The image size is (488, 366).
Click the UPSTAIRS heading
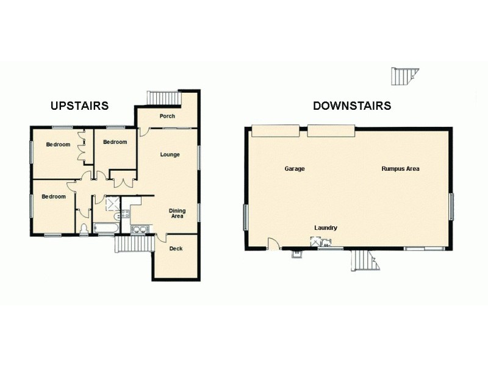pyautogui.click(x=79, y=106)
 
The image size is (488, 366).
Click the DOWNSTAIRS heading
pyautogui.click(x=352, y=106)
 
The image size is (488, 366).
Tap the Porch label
pyautogui.click(x=167, y=117)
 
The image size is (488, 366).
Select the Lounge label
pyautogui.click(x=170, y=154)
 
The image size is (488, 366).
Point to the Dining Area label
pyautogui.click(x=177, y=213)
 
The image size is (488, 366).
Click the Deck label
pyautogui.click(x=176, y=248)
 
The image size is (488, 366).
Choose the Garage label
pyautogui.click(x=295, y=168)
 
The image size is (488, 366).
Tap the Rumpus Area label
pyautogui.click(x=400, y=168)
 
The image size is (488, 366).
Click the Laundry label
pyautogui.click(x=326, y=228)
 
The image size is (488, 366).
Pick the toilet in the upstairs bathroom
pyautogui.click(x=84, y=229)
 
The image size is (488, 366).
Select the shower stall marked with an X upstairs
pyautogui.click(x=112, y=203)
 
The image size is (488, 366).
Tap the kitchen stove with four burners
pyautogui.click(x=125, y=213)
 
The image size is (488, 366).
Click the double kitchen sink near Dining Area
pyautogui.click(x=139, y=229)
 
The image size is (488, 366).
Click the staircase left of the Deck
pyautogui.click(x=134, y=244)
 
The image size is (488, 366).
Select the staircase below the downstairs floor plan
pyautogui.click(x=365, y=260)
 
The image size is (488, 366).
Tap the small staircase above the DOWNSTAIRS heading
pyautogui.click(x=403, y=76)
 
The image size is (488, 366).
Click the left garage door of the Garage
pyautogui.click(x=275, y=131)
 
